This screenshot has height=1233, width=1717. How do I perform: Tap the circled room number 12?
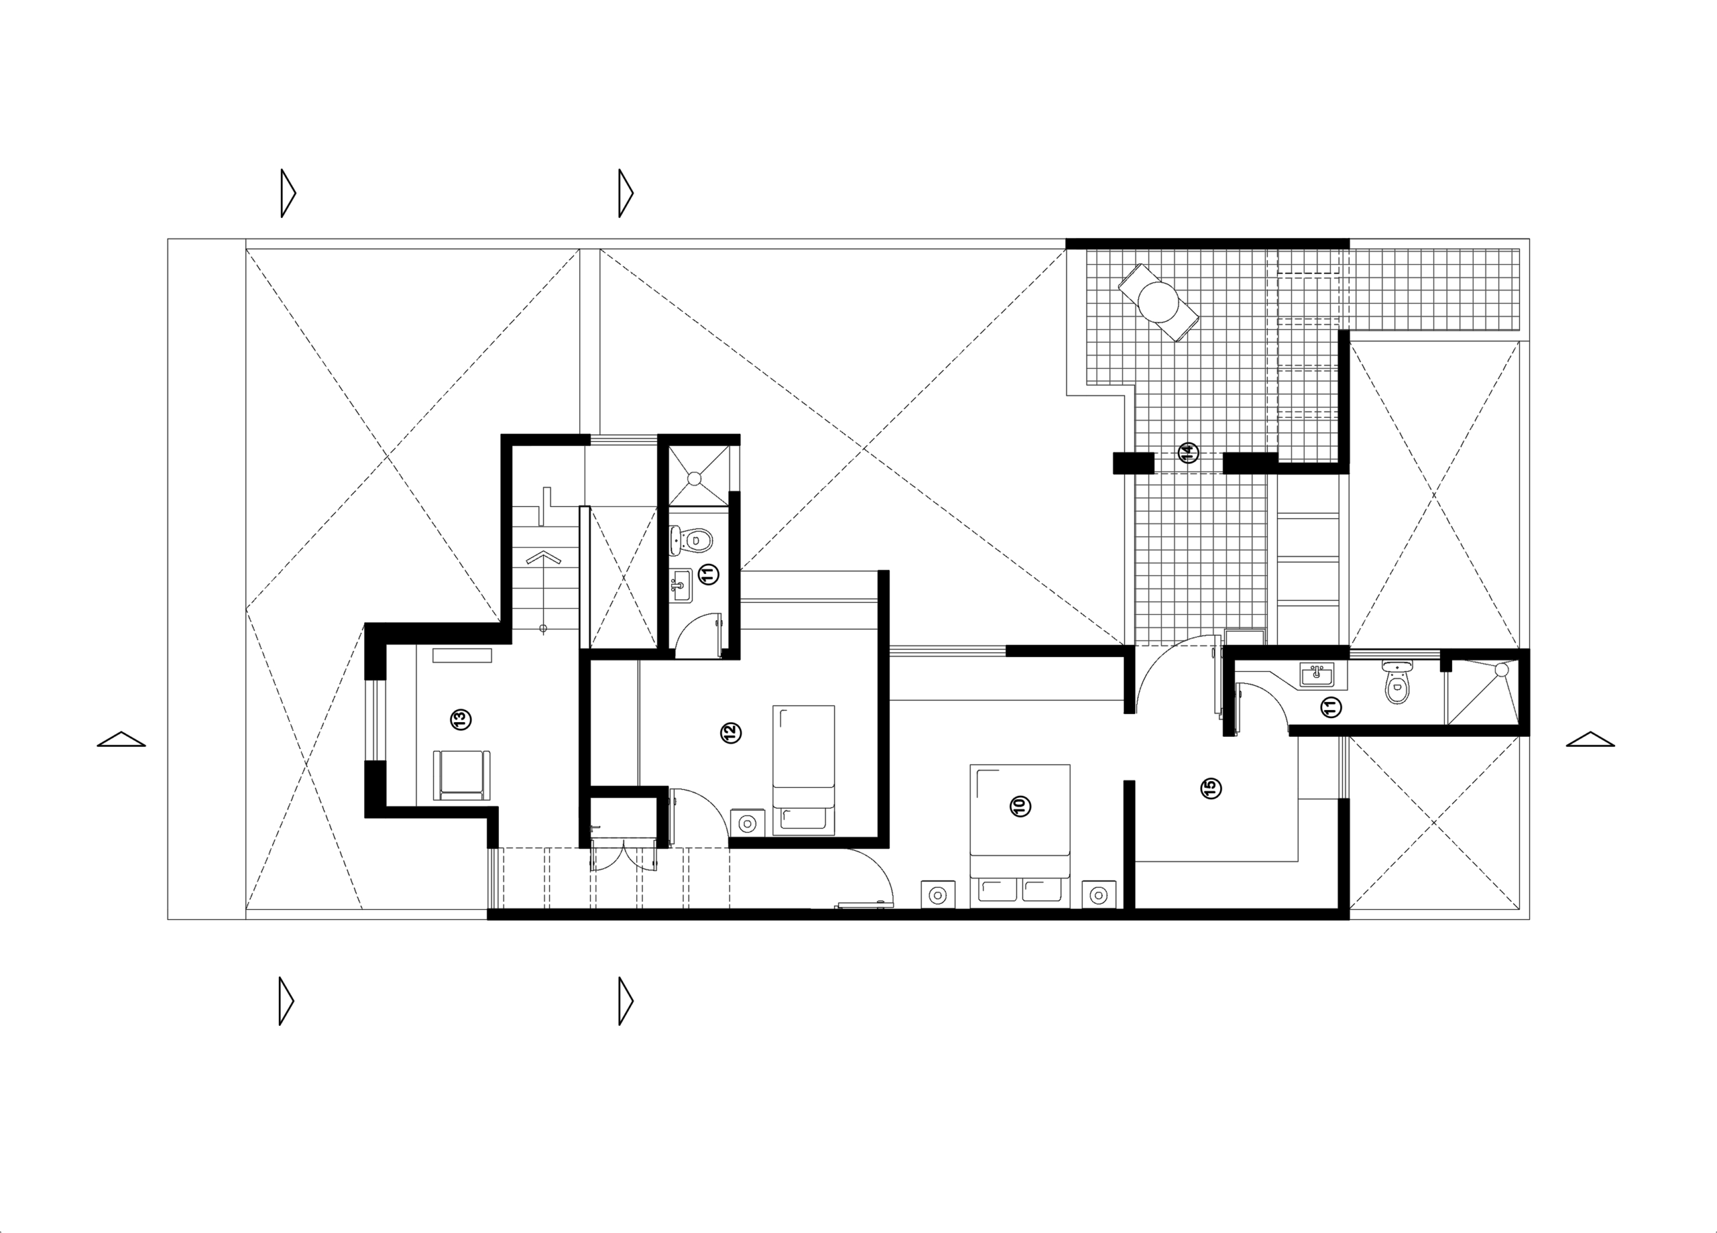coord(730,733)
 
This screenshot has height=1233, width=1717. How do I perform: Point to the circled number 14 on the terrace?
coord(1188,453)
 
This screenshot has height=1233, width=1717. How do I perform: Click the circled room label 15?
coord(1211,788)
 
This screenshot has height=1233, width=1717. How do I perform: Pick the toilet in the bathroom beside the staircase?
coord(691,539)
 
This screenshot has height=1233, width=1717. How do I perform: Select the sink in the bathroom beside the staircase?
coord(681,586)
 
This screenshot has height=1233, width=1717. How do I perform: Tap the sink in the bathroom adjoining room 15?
coord(1317,674)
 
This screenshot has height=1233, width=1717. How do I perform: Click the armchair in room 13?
coord(461,775)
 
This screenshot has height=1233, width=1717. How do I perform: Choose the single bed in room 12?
coord(804,770)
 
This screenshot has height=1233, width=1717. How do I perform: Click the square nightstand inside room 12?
coord(748,823)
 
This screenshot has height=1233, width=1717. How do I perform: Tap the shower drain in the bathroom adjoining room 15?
coord(1502,670)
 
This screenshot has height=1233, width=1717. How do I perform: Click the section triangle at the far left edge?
coord(121,739)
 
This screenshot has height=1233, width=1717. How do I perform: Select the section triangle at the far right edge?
coord(1590,739)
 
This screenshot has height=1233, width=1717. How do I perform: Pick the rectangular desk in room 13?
coord(462,656)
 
